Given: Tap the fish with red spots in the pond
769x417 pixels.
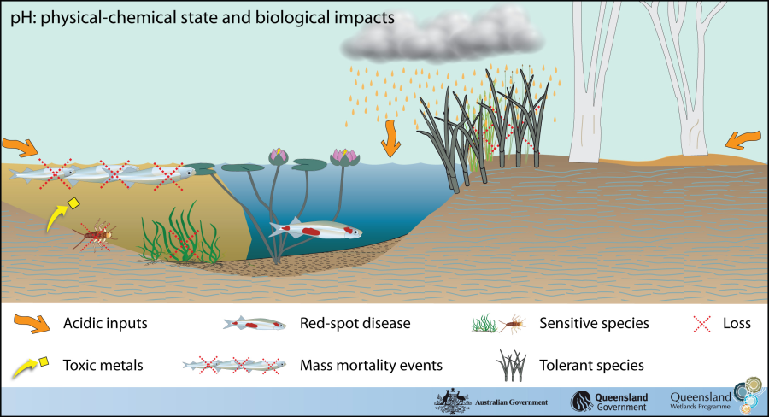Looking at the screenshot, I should [x=314, y=230].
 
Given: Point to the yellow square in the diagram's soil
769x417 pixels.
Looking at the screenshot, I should [x=73, y=203].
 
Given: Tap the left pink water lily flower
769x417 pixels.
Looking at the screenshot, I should [x=279, y=156].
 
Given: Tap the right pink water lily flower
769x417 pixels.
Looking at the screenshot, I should [x=343, y=156].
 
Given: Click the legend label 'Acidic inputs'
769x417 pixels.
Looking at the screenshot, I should [x=105, y=323].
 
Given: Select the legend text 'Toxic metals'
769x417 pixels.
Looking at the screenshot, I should [x=103, y=365].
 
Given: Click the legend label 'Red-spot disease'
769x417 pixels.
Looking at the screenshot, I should [x=355, y=323].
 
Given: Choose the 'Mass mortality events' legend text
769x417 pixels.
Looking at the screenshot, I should [x=371, y=365].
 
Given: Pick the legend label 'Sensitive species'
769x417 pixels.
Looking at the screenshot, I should [x=594, y=323].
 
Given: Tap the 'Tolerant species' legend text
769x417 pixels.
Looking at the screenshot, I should [x=591, y=365].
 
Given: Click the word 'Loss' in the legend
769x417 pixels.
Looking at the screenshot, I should [x=736, y=323].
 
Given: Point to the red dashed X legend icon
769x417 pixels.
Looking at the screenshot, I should [x=701, y=323].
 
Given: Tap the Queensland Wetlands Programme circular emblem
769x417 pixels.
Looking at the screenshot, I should [x=751, y=394].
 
